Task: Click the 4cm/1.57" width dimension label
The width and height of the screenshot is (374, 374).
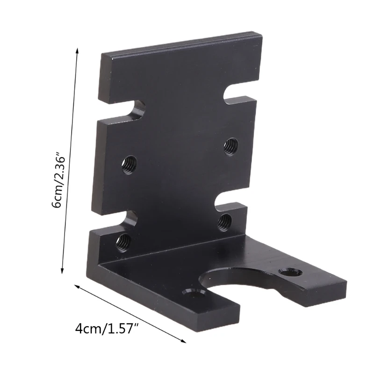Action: tap(107, 329)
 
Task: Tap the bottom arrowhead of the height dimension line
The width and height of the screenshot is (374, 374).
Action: tap(62, 270)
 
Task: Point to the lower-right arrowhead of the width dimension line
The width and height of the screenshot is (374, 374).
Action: tap(183, 341)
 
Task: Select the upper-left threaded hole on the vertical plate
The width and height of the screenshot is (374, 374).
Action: tap(129, 165)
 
